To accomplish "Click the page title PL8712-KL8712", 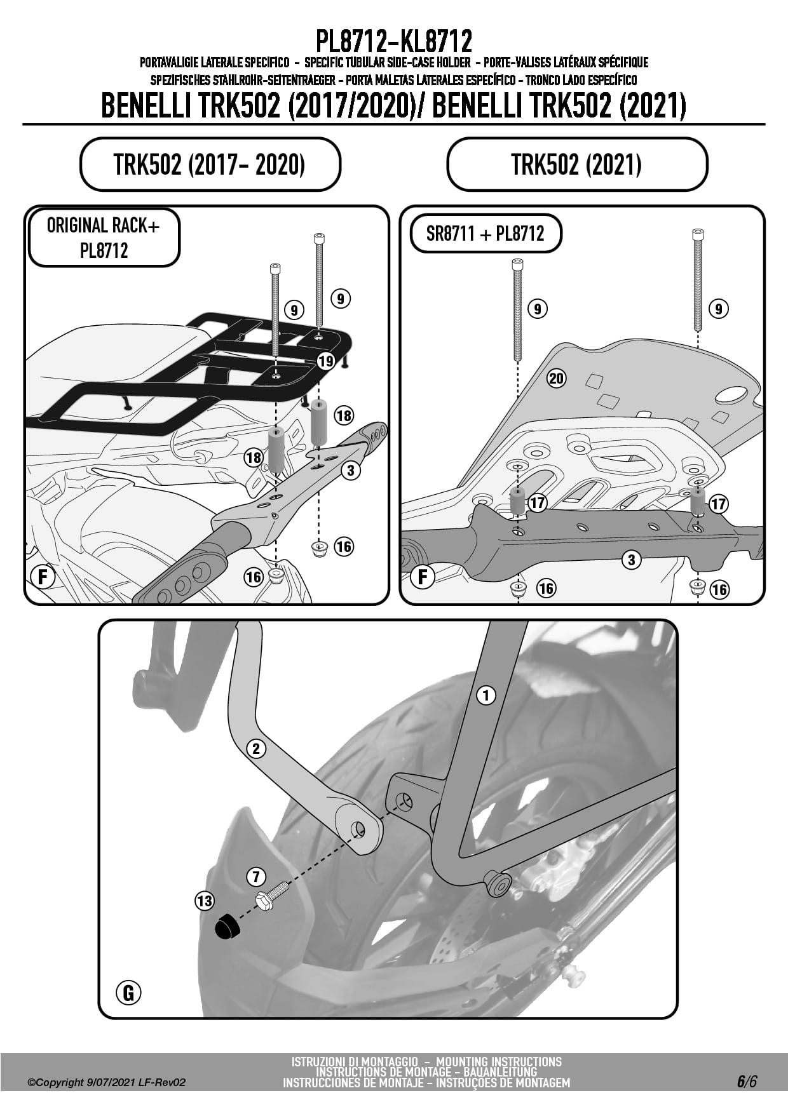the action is [394, 41].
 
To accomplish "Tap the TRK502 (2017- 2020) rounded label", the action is [210, 164].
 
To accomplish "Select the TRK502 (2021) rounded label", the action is [577, 164].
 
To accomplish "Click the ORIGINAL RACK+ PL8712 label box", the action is [104, 238].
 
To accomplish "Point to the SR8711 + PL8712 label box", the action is [486, 234].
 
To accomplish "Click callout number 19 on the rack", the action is [326, 361].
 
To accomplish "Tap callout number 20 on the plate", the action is [556, 379].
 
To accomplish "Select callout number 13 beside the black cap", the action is [205, 901].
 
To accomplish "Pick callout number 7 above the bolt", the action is [255, 877].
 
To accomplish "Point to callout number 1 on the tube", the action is [486, 695].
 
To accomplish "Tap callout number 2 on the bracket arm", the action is [256, 749].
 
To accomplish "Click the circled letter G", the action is [129, 992].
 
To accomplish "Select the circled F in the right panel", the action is [423, 577].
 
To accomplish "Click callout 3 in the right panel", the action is [631, 560].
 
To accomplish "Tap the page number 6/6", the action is [747, 1082].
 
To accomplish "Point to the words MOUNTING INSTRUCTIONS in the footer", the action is [499, 1061].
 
